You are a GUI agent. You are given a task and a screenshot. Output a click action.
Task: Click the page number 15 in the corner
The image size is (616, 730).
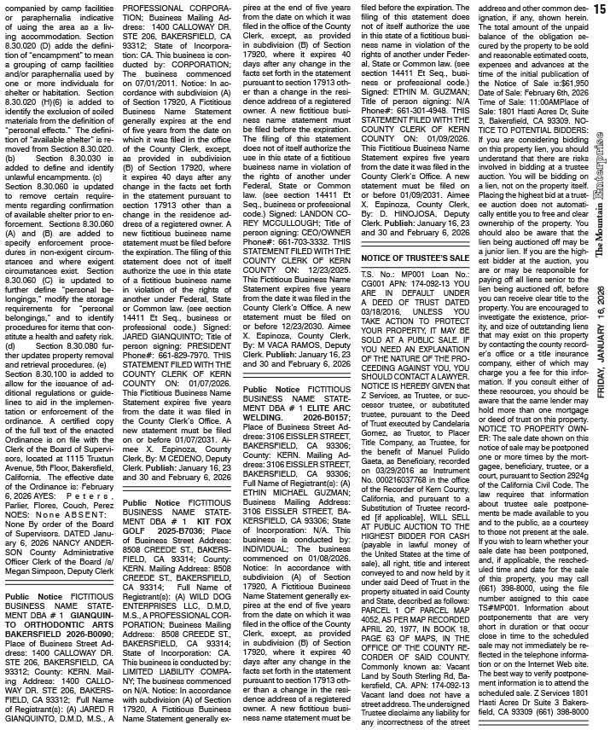pos(602,8)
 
